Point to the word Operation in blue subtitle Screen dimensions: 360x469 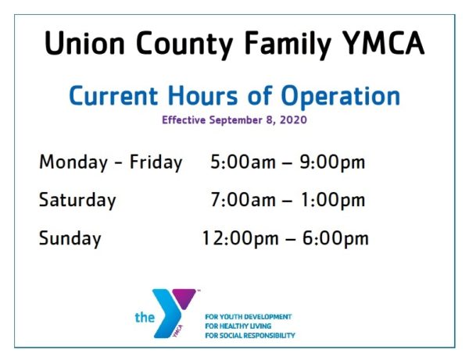(x=338, y=96)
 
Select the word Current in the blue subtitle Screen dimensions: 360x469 (x=116, y=96)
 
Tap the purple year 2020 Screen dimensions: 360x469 (x=295, y=120)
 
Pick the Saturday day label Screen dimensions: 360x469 (x=77, y=200)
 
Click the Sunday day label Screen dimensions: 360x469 (x=70, y=238)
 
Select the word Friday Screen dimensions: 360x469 (x=156, y=162)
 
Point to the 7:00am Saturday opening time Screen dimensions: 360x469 (x=243, y=200)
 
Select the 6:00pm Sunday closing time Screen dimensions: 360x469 (x=335, y=238)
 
